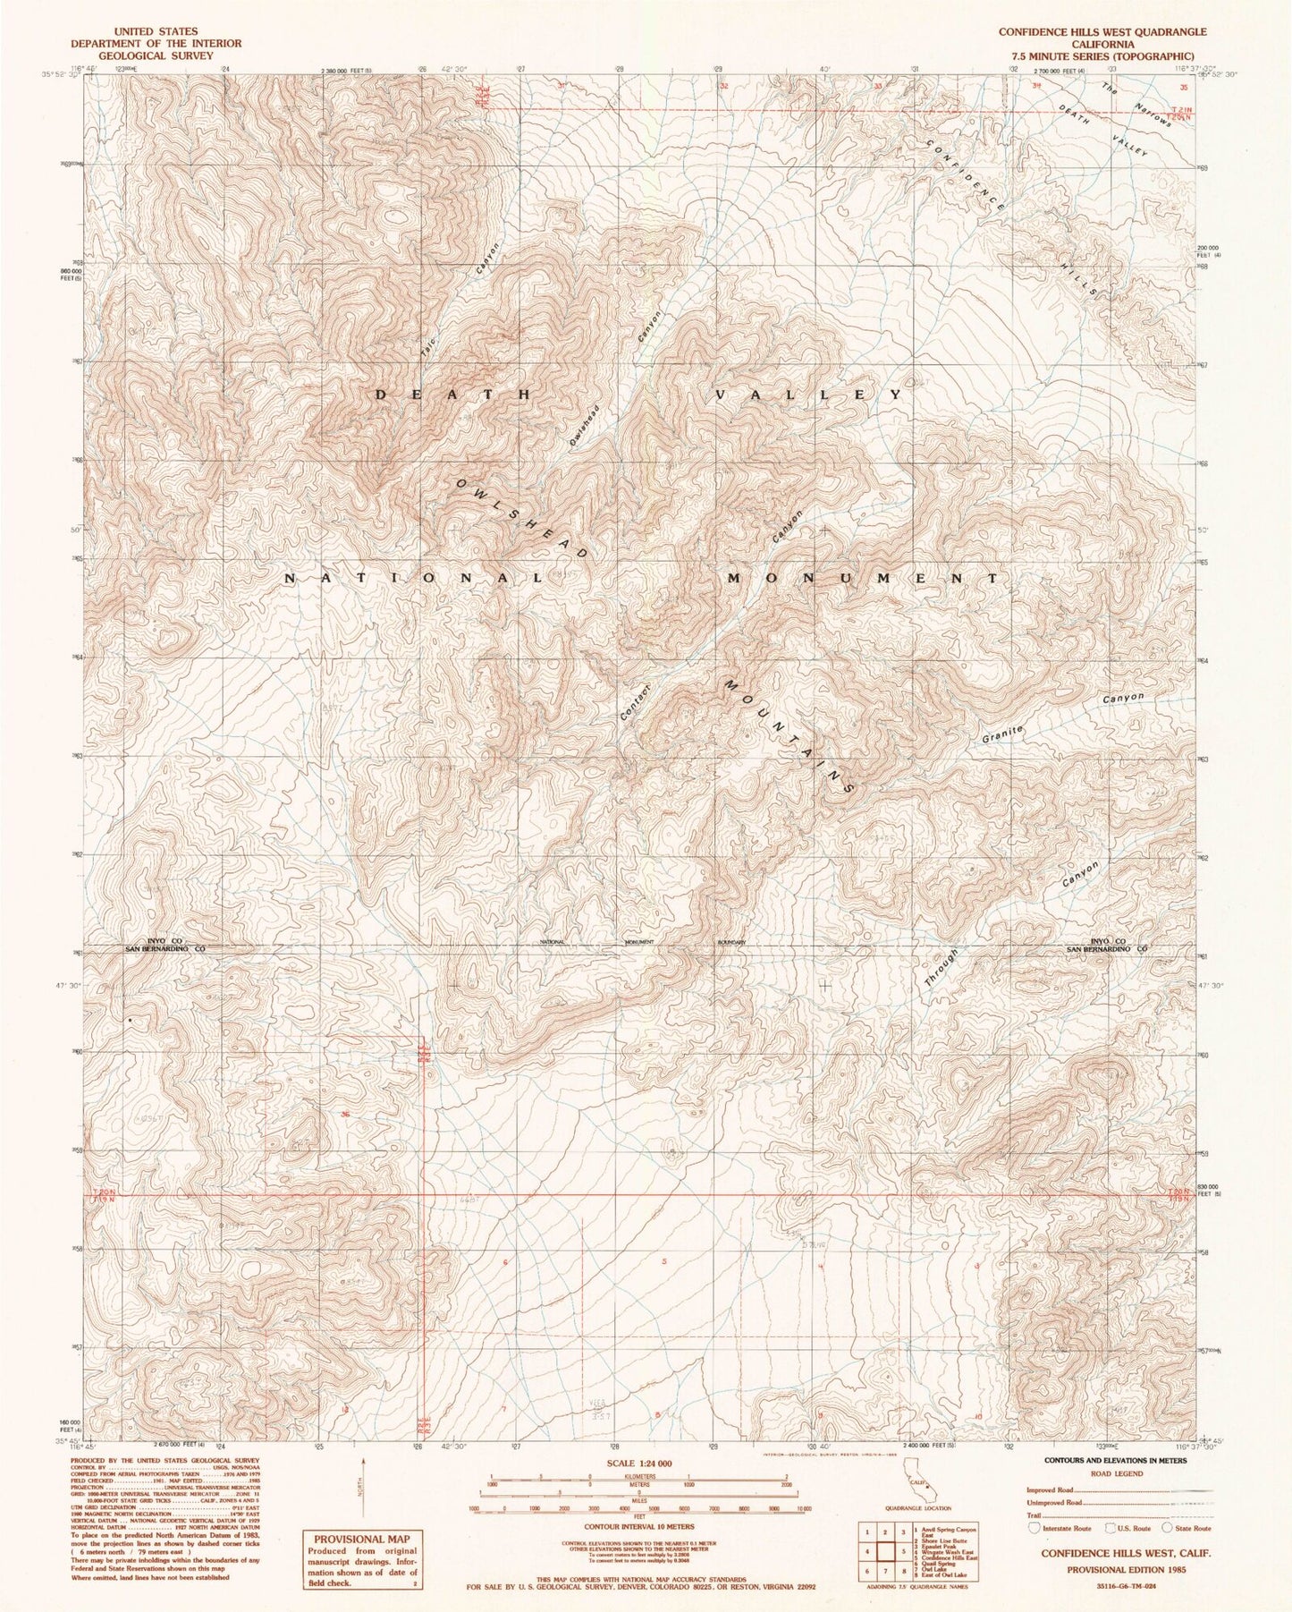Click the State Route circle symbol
tap(1171, 1529)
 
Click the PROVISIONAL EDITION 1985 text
tap(1113, 1569)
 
